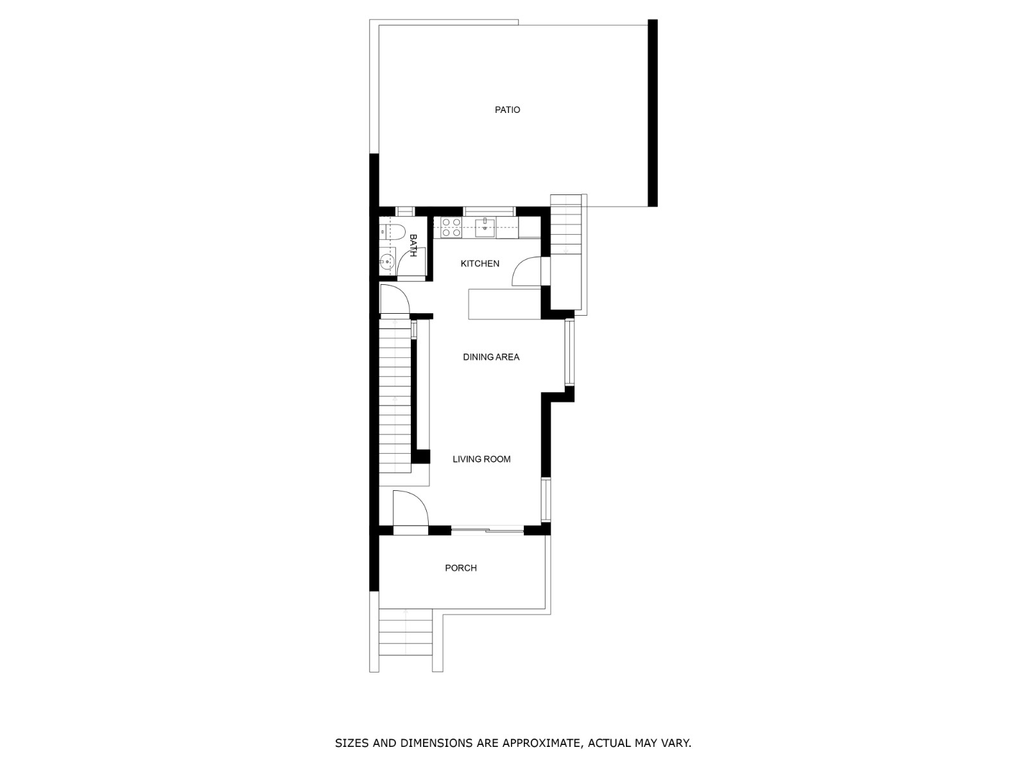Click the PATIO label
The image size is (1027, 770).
pos(507,110)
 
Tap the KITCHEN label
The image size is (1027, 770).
pos(479,264)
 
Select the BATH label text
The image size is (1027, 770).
pos(413,245)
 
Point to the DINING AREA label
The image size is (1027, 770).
pos(491,357)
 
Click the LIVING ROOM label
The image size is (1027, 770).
pos(481,459)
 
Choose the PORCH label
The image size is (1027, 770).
pos(461,568)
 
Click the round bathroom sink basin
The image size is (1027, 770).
pos(386,262)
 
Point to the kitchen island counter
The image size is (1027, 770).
pos(505,304)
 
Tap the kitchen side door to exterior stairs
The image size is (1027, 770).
pos(528,271)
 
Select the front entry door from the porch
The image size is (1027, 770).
pos(410,511)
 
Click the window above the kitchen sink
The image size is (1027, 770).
pos(489,210)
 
